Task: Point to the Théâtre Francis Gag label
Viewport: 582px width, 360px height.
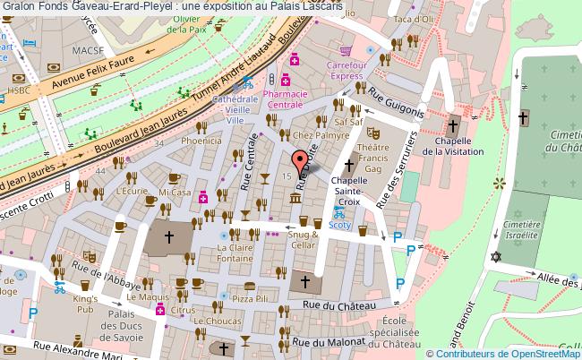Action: click(x=372, y=158)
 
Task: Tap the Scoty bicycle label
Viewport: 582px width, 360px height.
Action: click(x=339, y=226)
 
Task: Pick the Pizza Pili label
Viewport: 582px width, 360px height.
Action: click(x=250, y=296)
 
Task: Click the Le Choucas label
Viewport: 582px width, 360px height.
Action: click(x=210, y=319)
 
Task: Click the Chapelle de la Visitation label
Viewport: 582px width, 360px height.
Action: click(x=452, y=145)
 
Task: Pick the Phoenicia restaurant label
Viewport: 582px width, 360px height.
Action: click(x=201, y=141)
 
